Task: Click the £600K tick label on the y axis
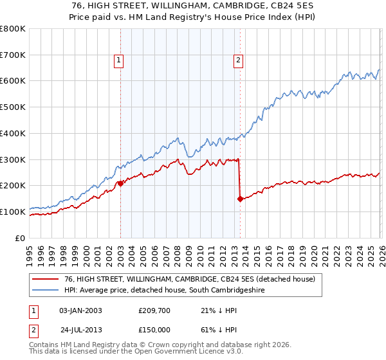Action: coord(13,81)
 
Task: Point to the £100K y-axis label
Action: coord(13,212)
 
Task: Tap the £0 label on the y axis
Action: coord(20,238)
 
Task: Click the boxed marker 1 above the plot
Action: coord(120,61)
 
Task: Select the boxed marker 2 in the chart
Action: coord(239,61)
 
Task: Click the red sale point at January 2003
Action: coord(120,183)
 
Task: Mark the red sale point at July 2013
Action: coord(240,199)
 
